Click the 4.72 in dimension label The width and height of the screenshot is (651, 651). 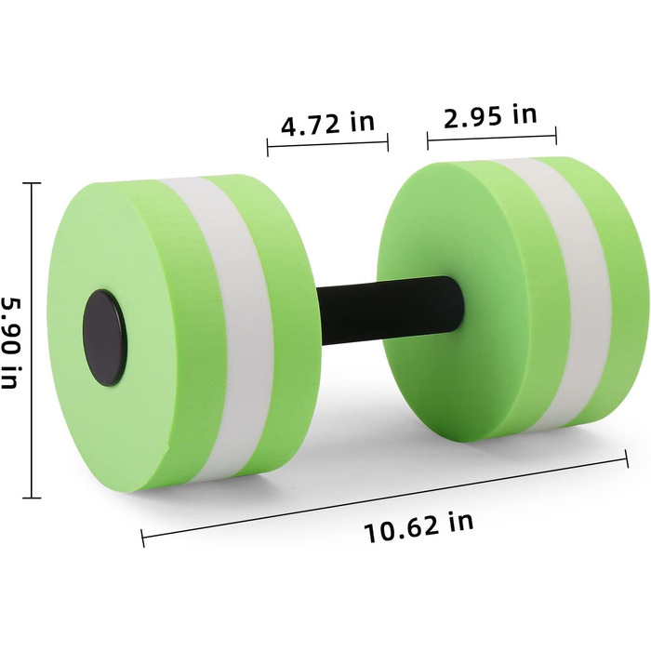point(327,123)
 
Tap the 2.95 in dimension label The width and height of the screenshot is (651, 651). point(490,115)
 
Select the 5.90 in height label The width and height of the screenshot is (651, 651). point(11,342)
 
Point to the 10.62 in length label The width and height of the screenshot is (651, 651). point(418,527)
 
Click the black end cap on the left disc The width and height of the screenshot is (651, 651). point(104,338)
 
